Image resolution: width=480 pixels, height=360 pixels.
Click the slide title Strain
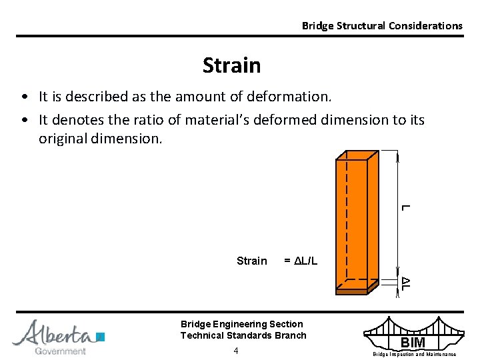(231, 65)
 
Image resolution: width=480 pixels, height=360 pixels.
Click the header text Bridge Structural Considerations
(382, 25)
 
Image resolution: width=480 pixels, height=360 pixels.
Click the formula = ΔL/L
(301, 261)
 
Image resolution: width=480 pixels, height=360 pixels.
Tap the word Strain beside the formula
(251, 261)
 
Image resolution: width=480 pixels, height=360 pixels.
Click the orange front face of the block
(351, 220)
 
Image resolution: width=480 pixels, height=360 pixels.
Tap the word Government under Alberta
(60, 351)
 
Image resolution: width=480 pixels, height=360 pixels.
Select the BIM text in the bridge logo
(412, 343)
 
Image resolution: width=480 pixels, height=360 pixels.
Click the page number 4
(236, 351)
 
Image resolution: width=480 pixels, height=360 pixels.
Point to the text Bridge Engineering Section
(241, 324)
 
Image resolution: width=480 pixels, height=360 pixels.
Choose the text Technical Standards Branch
(243, 335)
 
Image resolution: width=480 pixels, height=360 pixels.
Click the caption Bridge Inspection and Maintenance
(414, 354)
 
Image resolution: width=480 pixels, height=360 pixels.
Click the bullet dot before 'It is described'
(24, 97)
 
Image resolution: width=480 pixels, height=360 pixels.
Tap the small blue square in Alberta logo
(101, 336)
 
